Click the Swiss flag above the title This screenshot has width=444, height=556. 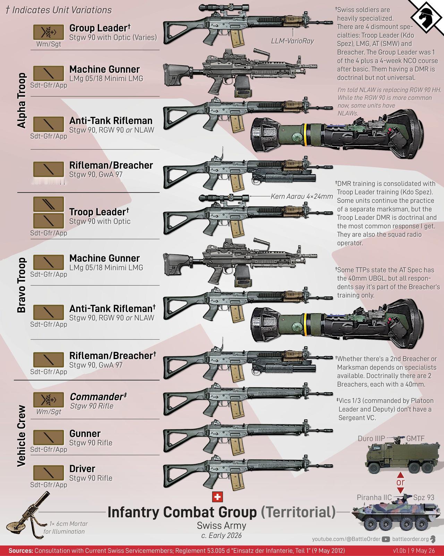point(217,497)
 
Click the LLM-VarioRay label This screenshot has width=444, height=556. point(292,41)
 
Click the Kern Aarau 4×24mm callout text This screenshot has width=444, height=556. point(302,196)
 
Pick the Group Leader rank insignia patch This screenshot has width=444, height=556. point(49,32)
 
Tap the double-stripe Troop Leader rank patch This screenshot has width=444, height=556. point(49,204)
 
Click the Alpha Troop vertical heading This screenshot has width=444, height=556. point(22,100)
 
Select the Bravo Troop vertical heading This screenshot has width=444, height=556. point(22,285)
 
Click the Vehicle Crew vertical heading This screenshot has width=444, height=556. point(22,436)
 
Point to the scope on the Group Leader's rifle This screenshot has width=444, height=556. point(224,8)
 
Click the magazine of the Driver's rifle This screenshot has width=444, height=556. point(237,481)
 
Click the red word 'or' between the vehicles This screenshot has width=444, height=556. point(400,482)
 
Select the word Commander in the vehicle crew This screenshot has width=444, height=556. point(96,397)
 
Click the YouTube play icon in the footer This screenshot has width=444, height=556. point(386,539)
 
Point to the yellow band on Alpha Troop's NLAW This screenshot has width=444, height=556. point(306,135)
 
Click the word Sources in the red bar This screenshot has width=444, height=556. point(21,550)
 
